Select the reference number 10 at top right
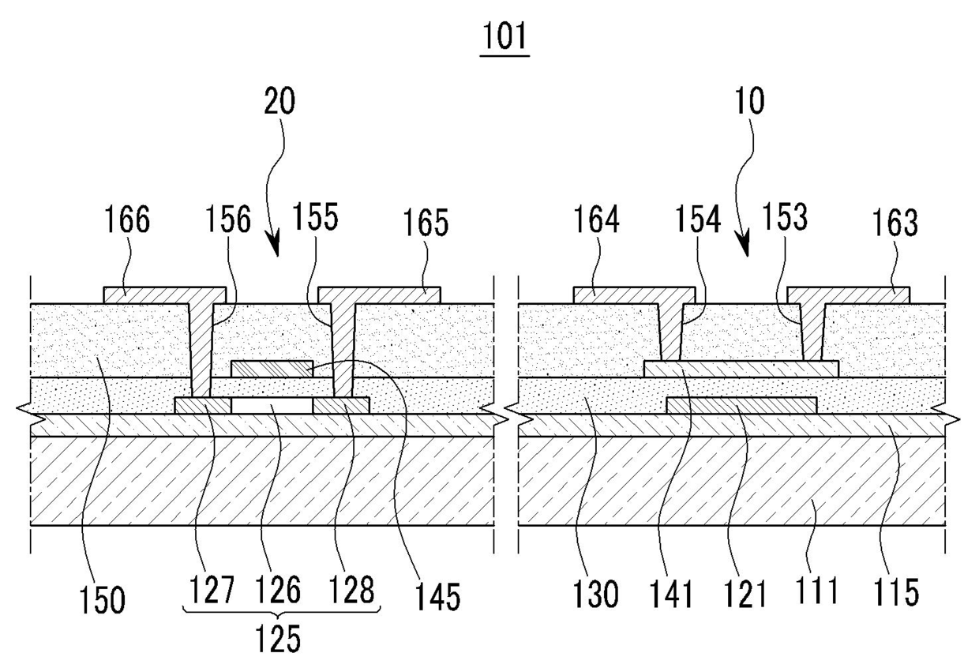pos(748,103)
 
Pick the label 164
pos(597,220)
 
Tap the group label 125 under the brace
pos(278,640)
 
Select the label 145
pos(440,597)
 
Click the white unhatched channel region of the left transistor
pos(272,405)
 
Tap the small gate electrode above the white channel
pos(272,369)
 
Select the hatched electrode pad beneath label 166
pos(146,295)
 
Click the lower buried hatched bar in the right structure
pos(741,405)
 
